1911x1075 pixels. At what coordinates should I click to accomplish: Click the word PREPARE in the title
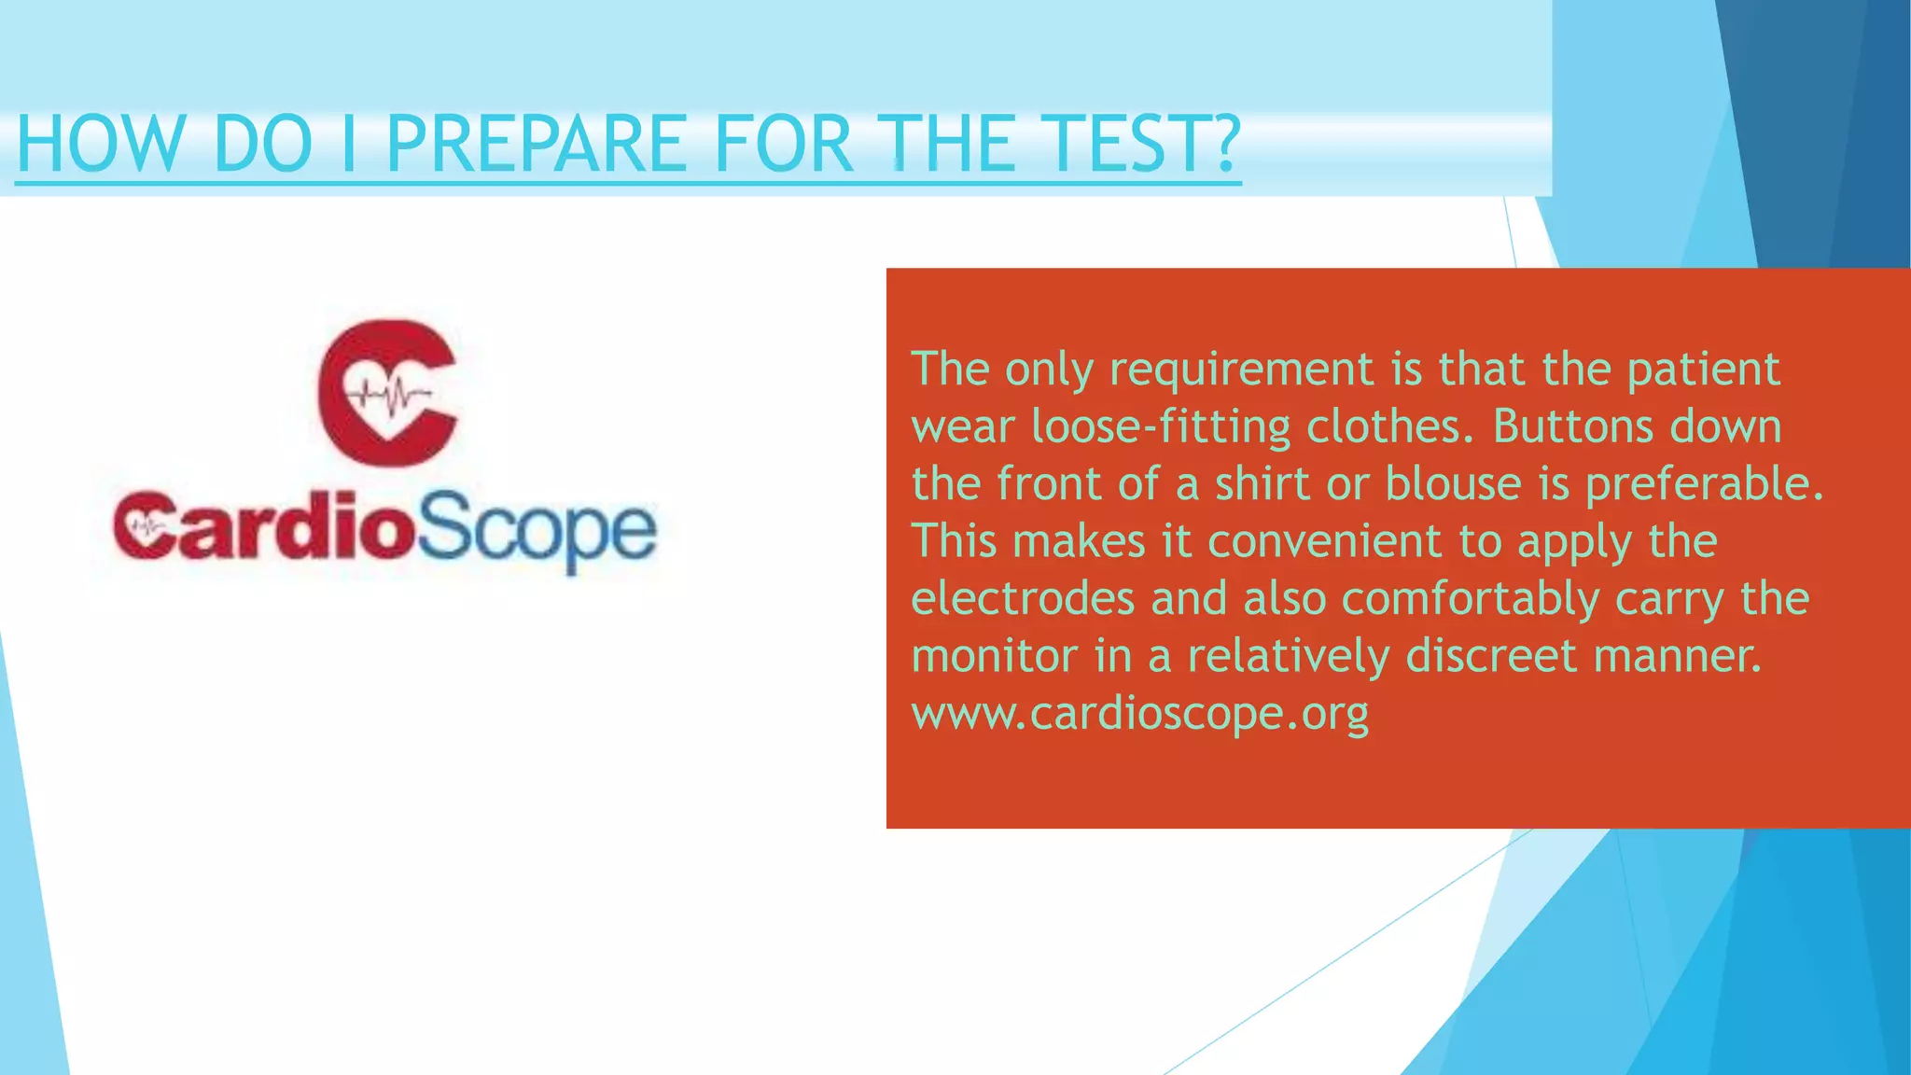[x=537, y=144]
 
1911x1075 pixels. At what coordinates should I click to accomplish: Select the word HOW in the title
[x=101, y=144]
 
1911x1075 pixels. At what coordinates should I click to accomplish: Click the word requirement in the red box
[x=1241, y=370]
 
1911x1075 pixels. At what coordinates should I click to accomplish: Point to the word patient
[x=1703, y=370]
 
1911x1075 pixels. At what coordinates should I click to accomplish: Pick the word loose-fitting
[x=1161, y=427]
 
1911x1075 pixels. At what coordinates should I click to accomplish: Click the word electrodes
[x=1023, y=598]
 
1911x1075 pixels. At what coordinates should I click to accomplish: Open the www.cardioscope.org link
[x=1140, y=714]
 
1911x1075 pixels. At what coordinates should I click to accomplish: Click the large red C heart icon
[x=387, y=393]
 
